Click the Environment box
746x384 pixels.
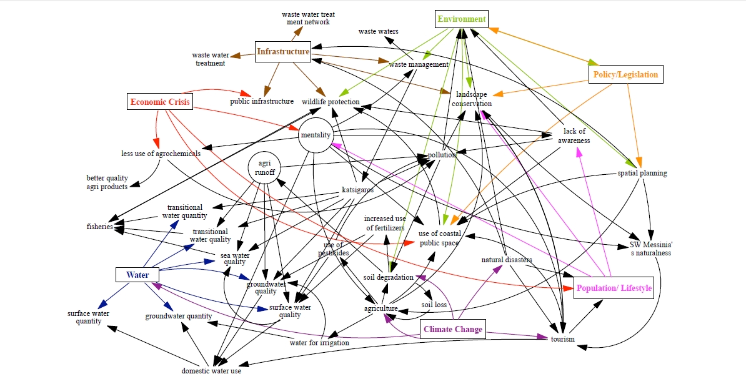[461, 19]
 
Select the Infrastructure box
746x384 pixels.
[283, 52]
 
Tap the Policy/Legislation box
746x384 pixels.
[624, 75]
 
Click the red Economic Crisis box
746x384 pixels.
[159, 101]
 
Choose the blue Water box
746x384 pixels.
[137, 275]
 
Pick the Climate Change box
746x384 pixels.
[453, 330]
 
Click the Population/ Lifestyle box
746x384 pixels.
[614, 288]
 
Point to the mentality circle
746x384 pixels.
[316, 135]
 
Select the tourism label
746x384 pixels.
[562, 339]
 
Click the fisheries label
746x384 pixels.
[99, 227]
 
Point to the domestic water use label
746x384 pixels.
[211, 371]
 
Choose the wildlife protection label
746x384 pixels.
[331, 102]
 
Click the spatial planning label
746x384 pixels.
[642, 173]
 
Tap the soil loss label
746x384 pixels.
[434, 305]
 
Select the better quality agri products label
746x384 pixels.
[107, 182]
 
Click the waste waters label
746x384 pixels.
[378, 31]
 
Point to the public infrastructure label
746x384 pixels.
[262, 101]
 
